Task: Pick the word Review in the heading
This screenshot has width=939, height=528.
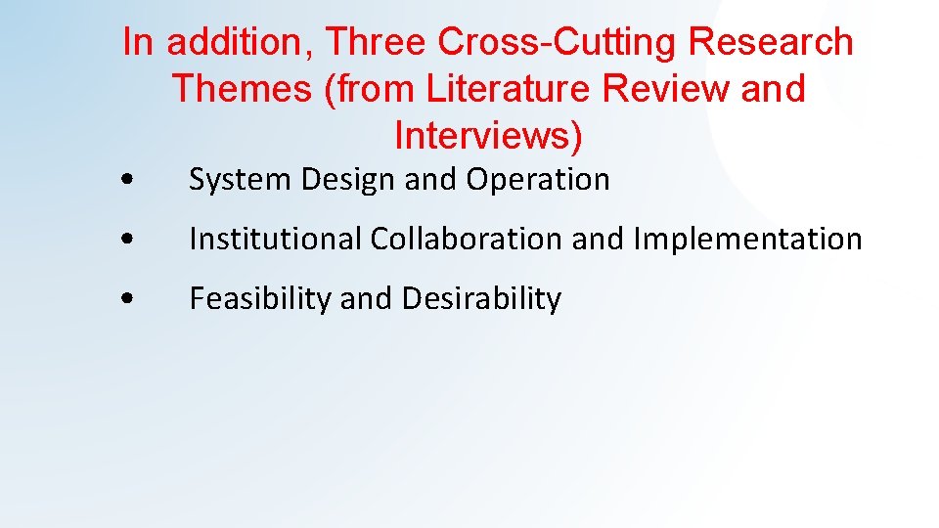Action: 667,88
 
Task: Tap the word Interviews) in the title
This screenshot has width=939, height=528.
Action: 488,135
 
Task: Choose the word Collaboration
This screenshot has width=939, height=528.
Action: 465,239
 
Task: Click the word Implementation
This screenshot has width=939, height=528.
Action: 748,239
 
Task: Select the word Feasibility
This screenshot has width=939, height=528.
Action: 261,298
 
